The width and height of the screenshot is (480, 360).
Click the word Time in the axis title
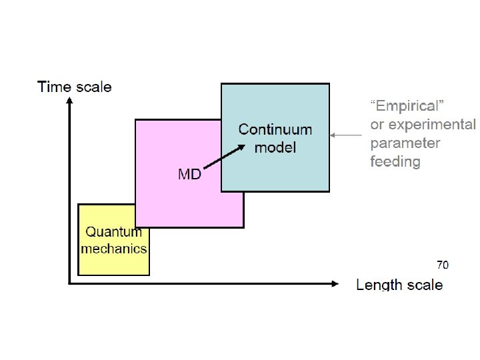point(53,87)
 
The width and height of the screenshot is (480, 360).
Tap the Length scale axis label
point(399,285)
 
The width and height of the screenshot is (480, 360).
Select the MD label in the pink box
point(189,175)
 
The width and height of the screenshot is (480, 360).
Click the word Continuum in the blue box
point(275,129)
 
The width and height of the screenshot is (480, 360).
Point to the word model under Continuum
point(275,147)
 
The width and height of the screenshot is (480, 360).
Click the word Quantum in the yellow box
point(113,233)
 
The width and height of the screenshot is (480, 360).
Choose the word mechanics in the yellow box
point(113,249)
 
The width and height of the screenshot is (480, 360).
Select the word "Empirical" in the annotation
point(407,105)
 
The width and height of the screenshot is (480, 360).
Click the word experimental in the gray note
point(432,125)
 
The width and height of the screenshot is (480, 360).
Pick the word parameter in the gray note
point(405,143)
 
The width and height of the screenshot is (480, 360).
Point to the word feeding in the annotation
point(395,161)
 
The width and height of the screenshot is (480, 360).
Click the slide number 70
point(443,265)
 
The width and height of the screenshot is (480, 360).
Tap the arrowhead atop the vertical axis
point(69,101)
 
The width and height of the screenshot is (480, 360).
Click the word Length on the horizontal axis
point(379,285)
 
